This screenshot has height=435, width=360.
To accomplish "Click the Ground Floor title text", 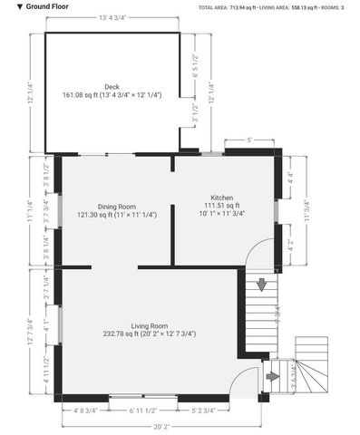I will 36,5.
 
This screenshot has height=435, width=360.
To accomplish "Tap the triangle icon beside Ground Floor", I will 7,5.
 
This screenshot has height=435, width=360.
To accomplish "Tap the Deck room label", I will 112,87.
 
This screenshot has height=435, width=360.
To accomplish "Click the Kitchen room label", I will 222,198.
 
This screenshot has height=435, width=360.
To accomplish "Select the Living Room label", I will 150,324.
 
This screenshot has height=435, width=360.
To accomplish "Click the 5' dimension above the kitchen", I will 249,140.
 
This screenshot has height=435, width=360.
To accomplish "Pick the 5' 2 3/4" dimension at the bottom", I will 203,411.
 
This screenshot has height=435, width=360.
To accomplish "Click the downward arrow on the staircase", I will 262,285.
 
